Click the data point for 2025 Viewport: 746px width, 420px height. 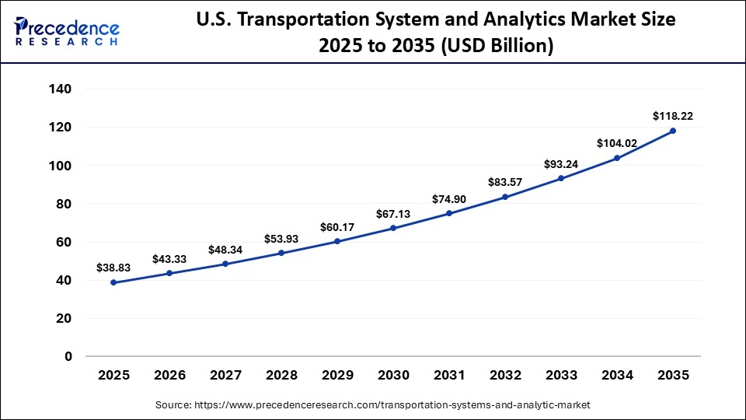coord(113,282)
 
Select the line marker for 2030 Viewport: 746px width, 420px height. coord(393,228)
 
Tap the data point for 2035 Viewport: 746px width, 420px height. coord(673,131)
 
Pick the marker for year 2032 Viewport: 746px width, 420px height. coord(505,197)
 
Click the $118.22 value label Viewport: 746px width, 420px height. coord(673,116)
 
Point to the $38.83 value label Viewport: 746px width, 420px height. coord(113,268)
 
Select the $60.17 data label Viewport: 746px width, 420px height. coord(337,227)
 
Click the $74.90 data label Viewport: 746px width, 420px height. coord(449,199)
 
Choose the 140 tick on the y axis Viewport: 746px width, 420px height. coord(61,89)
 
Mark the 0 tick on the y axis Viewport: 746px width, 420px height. coord(68,356)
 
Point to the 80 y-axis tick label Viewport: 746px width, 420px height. coord(64,204)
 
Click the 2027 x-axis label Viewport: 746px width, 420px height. coord(225,375)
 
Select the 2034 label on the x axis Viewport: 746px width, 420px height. coord(617,375)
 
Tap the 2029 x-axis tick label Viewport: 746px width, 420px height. coord(337,375)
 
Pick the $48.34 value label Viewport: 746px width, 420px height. coord(225,250)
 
